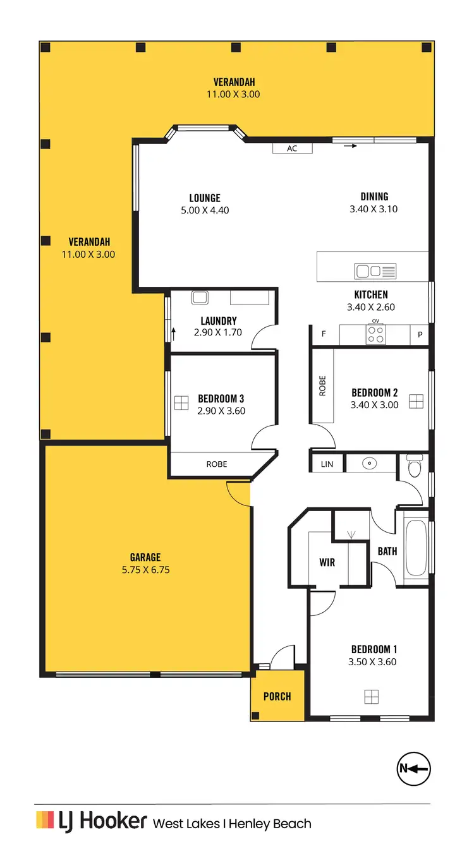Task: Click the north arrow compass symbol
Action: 413,769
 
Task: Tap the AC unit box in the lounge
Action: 292,148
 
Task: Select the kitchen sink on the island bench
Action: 375,271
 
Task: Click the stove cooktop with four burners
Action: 376,334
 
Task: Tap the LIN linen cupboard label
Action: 327,464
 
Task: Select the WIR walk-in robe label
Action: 327,562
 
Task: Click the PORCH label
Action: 277,696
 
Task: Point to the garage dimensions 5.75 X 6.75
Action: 145,569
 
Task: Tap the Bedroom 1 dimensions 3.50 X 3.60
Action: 375,662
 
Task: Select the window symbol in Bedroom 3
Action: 181,403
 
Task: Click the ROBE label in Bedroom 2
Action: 322,385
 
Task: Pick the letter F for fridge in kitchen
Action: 324,334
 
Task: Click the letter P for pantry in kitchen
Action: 420,334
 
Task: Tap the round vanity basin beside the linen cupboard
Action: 370,464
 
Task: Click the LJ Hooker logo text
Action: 92,821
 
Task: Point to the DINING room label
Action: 374,196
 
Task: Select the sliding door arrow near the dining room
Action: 350,146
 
